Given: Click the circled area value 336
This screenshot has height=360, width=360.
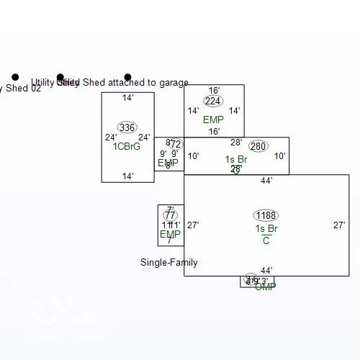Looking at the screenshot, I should click(x=127, y=127).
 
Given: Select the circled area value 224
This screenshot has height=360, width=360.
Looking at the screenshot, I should click(x=213, y=101).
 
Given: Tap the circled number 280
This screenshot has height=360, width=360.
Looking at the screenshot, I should click(x=258, y=146).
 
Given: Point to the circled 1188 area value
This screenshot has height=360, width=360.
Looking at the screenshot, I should click(x=266, y=215).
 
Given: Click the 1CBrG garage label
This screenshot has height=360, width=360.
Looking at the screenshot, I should click(x=127, y=147).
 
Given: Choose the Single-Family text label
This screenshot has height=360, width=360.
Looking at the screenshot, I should click(x=168, y=263).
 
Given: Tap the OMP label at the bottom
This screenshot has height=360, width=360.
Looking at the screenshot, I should click(x=266, y=287).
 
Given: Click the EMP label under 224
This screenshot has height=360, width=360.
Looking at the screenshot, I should click(x=213, y=120).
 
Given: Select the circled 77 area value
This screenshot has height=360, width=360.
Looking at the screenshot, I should click(x=170, y=215).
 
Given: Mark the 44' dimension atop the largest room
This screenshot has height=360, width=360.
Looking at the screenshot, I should click(x=266, y=181).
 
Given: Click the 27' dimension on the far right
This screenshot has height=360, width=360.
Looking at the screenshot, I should click(x=339, y=225).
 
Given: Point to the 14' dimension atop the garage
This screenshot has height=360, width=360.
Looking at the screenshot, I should click(x=127, y=98).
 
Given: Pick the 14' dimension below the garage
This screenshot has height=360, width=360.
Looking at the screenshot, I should click(x=127, y=176).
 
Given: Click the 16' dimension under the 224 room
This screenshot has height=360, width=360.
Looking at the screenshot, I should click(x=214, y=132).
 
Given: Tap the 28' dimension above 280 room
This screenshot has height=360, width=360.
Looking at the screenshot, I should click(x=236, y=143).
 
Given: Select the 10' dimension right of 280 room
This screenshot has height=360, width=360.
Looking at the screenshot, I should click(x=279, y=156).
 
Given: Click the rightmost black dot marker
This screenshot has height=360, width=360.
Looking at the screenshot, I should click(x=127, y=77).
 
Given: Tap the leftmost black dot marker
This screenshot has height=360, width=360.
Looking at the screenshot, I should click(x=15, y=77).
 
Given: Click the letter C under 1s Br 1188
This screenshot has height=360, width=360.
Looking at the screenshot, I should click(x=266, y=240).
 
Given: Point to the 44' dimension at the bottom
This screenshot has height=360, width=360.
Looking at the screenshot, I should click(x=266, y=271).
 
